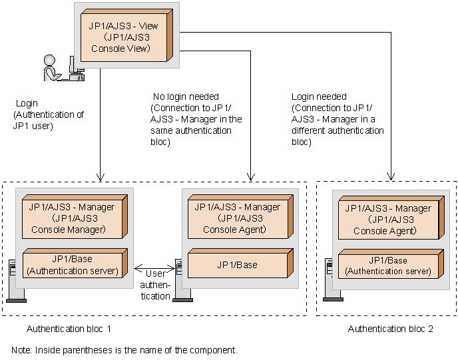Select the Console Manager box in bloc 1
coord(72,218)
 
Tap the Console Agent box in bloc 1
coord(238,218)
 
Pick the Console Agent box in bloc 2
coord(388,220)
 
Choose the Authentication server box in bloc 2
coord(388,266)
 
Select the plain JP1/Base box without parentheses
coord(238,265)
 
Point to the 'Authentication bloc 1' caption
coord(69,329)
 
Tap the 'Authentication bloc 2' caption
coord(391,329)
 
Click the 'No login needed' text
coord(186,96)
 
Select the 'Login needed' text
coord(319,96)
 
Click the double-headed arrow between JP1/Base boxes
coord(154,269)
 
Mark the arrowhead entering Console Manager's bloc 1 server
coord(99,178)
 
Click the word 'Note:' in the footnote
coord(22,349)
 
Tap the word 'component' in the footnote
coord(214,349)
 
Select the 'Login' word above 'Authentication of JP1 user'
coord(27,104)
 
